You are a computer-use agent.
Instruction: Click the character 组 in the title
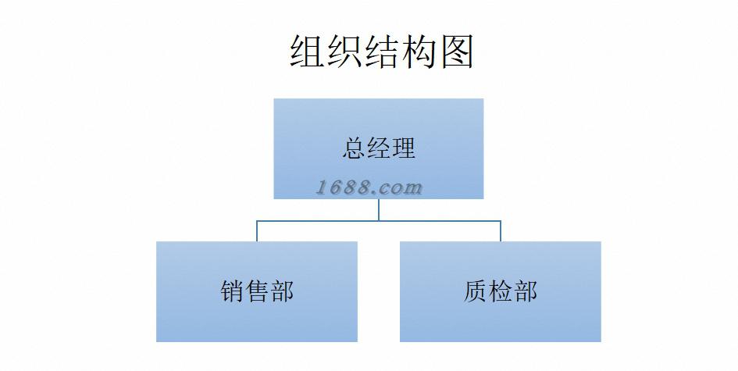tap(308, 52)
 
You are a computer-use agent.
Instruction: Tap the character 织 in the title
tap(344, 52)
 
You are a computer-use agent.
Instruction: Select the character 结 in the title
tap(382, 52)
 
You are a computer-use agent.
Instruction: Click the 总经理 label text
tap(379, 148)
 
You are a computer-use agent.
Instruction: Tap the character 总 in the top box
tap(354, 148)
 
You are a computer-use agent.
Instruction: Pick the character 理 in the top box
tap(404, 148)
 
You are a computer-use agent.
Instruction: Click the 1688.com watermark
tap(369, 187)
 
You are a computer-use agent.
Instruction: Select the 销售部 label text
tap(257, 291)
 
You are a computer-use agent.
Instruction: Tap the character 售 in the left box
tap(257, 291)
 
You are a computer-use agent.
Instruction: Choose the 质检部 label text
tap(501, 291)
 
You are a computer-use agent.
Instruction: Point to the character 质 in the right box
tap(476, 291)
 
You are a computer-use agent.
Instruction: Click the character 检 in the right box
tap(501, 291)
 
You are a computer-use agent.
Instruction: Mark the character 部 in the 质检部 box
tap(526, 291)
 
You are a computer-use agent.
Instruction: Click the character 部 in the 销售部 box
tap(282, 291)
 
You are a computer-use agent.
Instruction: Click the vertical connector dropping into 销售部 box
tap(257, 231)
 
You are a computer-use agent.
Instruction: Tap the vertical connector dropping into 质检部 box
tap(501, 231)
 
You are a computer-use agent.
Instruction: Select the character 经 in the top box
tap(379, 148)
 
